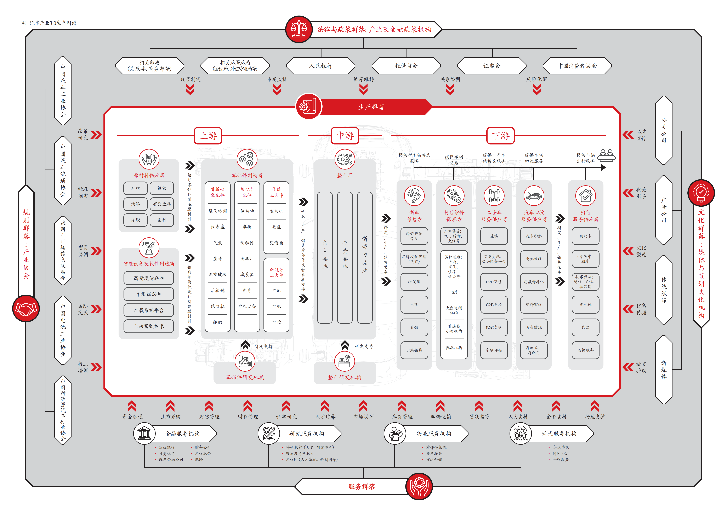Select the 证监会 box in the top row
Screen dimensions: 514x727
pos(492,66)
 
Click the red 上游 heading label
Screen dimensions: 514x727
pos(208,136)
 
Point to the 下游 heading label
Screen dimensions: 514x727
pos(501,136)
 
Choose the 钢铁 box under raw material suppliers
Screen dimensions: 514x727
pos(162,188)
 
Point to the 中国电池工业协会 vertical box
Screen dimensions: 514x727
pos(63,330)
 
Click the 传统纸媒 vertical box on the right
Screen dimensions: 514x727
pos(664,290)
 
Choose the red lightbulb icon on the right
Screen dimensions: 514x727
pos(701,192)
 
